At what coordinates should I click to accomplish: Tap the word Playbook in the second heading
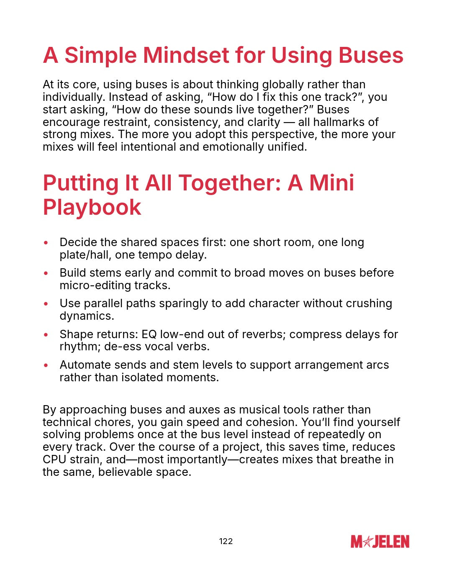click(x=92, y=207)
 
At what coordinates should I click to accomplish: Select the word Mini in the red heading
click(x=331, y=183)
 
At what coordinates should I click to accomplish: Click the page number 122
click(x=226, y=541)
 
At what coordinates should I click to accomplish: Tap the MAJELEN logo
click(x=380, y=542)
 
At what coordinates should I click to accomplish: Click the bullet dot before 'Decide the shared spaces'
click(x=46, y=243)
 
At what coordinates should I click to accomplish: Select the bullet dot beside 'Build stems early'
click(x=46, y=273)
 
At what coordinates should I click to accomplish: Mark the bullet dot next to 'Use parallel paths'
click(x=46, y=304)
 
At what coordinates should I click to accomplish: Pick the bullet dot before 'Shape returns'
click(x=46, y=335)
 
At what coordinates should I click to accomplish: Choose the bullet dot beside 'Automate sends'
click(x=46, y=365)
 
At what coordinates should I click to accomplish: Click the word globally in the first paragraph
click(x=283, y=85)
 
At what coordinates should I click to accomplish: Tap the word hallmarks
click(x=340, y=122)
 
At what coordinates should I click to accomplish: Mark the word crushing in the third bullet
click(x=369, y=303)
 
